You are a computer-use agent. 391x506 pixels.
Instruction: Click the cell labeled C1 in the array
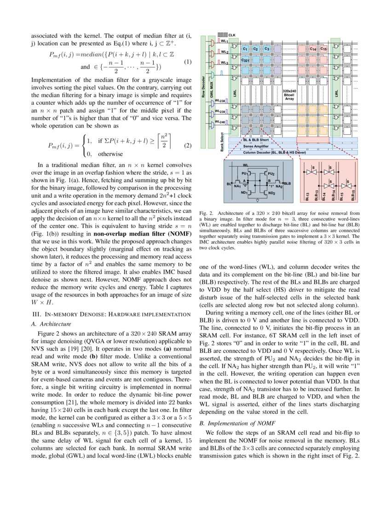(245, 49)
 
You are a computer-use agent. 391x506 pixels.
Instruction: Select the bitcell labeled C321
(246, 60)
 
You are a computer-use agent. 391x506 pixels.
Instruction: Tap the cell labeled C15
(323, 49)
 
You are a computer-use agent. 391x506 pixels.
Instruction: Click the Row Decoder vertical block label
(203, 87)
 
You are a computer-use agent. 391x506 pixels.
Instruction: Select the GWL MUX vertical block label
(212, 87)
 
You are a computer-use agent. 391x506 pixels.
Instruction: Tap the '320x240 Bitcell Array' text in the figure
(289, 94)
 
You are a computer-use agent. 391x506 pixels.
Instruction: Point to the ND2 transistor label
(271, 193)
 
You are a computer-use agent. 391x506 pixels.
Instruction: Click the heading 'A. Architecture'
(48, 324)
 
